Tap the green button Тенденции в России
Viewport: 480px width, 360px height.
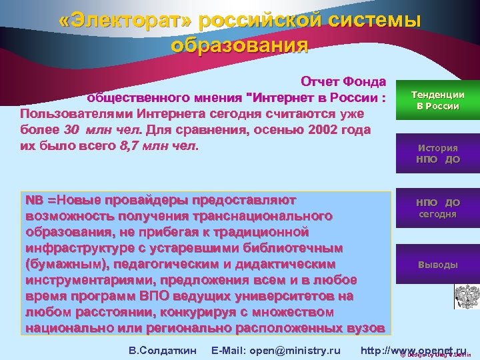437,101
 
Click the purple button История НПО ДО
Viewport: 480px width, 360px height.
437,153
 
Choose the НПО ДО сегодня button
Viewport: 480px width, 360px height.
437,208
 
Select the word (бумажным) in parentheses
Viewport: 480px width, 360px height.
59,264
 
